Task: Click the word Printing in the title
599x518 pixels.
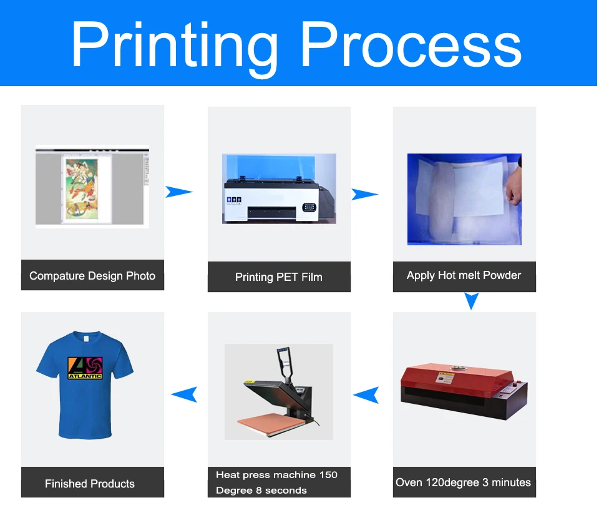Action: coord(175,45)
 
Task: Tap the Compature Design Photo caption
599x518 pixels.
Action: coord(92,276)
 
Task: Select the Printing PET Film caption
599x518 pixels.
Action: coord(279,277)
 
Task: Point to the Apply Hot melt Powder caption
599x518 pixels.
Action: coord(464,275)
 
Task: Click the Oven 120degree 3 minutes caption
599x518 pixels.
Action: coord(464,482)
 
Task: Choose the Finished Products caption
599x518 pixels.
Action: coord(90,484)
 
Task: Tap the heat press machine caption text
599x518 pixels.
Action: coord(276,482)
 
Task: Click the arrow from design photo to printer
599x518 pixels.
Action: coord(178,192)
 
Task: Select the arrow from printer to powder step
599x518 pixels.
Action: coord(364,194)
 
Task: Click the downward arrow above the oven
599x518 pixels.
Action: coord(472,301)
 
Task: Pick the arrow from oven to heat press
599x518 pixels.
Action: coord(366,394)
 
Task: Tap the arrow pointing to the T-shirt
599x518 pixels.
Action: coord(185,394)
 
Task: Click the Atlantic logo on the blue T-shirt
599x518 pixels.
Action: coord(85,368)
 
